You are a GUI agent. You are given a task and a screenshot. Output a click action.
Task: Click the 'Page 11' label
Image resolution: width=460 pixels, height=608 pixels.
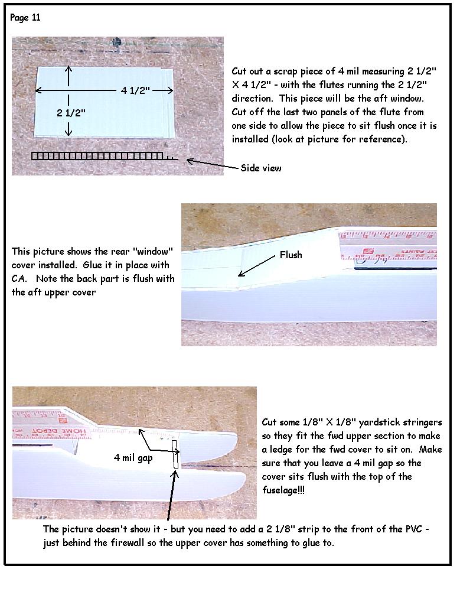[x=25, y=18]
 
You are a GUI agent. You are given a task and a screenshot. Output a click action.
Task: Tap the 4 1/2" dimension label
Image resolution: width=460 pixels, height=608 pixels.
[x=135, y=90]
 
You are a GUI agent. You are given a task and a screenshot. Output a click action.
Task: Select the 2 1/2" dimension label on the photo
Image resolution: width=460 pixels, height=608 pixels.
[x=71, y=113]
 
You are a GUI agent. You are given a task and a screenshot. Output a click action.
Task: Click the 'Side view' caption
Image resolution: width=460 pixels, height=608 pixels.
[x=261, y=168]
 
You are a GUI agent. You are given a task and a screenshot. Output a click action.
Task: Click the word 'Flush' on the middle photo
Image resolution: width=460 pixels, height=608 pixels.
[x=291, y=255]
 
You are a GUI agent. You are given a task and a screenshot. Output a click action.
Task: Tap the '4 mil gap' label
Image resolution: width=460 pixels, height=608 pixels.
[x=133, y=457]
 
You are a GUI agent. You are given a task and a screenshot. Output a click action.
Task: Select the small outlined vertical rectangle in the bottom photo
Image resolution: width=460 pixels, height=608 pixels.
[x=175, y=454]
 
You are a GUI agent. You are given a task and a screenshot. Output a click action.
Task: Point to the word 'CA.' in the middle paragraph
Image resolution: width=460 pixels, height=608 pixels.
[x=19, y=279]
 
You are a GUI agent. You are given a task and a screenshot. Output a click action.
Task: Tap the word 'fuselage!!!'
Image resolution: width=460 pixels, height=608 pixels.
[x=283, y=490]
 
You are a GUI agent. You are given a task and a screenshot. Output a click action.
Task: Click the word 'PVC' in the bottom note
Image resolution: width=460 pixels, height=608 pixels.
[x=413, y=529]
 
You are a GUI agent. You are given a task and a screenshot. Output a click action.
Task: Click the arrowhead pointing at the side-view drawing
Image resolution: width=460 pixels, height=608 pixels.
[x=190, y=161]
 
